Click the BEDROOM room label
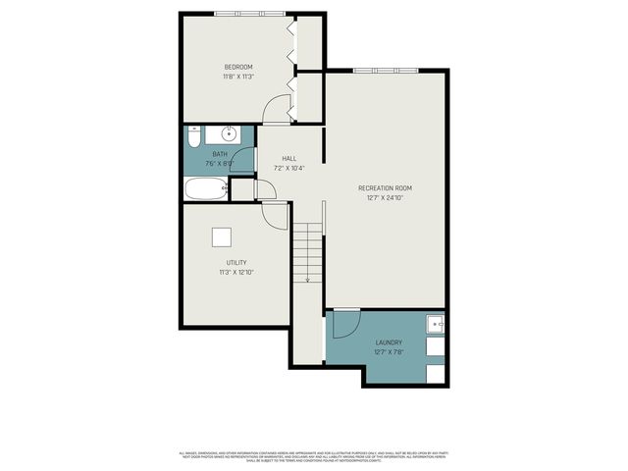pos(237,67)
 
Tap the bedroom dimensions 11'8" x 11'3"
pos(237,77)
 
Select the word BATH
pos(219,155)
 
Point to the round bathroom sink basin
pos(229,133)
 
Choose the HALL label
pos(288,158)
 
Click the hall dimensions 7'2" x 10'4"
pos(288,168)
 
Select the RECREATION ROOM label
pos(385,187)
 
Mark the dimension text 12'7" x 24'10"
pos(385,197)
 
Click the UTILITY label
pos(235,262)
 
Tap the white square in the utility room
pos(223,236)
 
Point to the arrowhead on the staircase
pos(307,281)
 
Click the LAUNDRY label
pos(388,342)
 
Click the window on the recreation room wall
pos(377,71)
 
